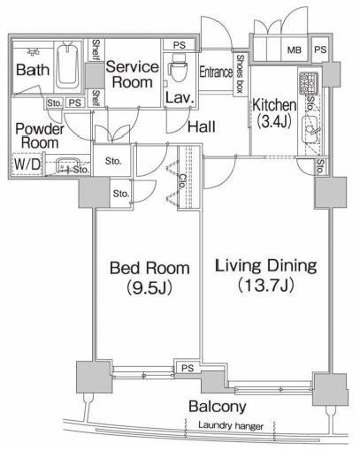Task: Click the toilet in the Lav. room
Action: pos(179,68)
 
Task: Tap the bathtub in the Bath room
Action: pos(68,65)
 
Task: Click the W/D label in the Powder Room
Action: pos(27,164)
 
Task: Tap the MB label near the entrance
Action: pos(295,50)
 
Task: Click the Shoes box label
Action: pos(240,73)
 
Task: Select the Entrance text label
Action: pos(216,73)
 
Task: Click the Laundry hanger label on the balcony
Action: pos(231,425)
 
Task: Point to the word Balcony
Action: pos(218,407)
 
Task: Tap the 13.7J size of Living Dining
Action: pos(266,285)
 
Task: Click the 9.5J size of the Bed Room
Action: pos(149,287)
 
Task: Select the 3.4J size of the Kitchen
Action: pos(274,121)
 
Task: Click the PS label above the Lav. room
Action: pos(180,45)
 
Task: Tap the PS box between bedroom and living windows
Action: pos(188,368)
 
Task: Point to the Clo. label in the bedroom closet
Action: pos(183,181)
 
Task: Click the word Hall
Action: pos(202,126)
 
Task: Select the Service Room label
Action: pos(133,74)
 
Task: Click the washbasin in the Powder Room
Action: pos(68,165)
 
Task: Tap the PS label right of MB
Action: pos(320,50)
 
